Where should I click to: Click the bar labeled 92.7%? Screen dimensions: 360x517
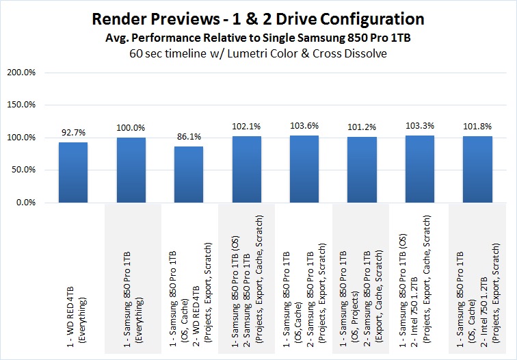point(73,172)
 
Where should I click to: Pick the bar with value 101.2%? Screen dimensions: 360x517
point(362,170)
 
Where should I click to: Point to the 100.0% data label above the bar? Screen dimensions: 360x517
point(131,128)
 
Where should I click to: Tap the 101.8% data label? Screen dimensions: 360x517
point(477,127)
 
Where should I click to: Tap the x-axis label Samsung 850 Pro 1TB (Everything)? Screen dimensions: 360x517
point(131,308)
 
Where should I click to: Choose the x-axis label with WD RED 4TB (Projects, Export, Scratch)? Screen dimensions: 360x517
point(189,287)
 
